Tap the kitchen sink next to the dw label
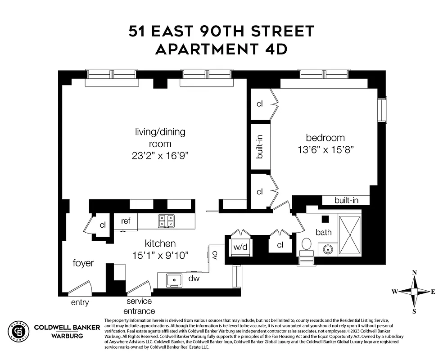point(173,280)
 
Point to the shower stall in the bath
point(349,234)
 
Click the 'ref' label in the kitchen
point(126,220)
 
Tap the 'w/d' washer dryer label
point(237,247)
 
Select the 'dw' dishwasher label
point(194,279)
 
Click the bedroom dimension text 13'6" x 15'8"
point(325,149)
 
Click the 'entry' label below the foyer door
point(80,302)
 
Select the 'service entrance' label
point(140,306)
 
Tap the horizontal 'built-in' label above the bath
point(346,200)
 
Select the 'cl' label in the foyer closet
point(102,225)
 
